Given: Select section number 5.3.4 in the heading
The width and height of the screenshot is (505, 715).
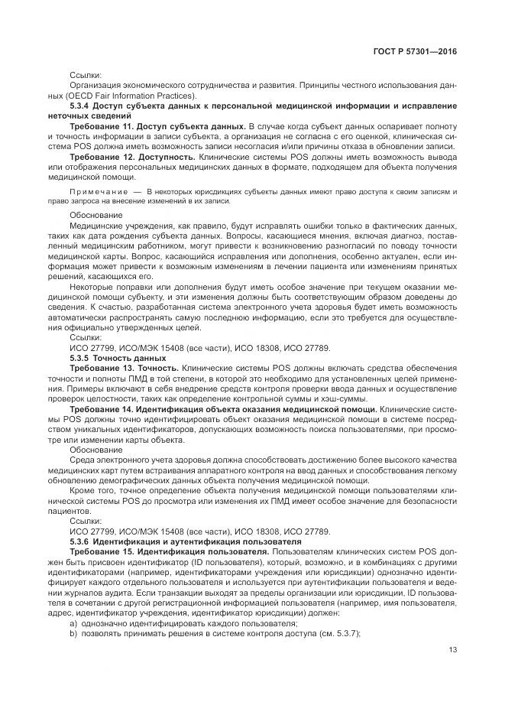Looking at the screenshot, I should pyautogui.click(x=80, y=104).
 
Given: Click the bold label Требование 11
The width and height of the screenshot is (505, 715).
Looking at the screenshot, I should pyautogui.click(x=102, y=124).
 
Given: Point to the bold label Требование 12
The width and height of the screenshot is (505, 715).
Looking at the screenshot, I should pyautogui.click(x=102, y=154).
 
